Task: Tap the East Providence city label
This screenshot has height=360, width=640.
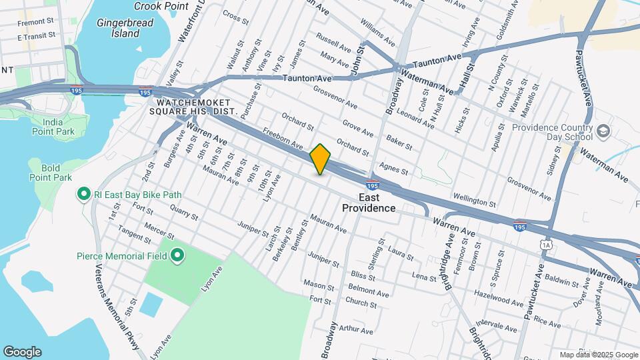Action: (369, 203)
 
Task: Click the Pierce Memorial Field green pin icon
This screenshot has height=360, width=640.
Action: (177, 255)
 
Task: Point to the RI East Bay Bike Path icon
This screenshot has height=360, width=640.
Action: (84, 195)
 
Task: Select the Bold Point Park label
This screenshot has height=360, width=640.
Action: (51, 173)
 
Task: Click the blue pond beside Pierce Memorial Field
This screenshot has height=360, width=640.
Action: (151, 304)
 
